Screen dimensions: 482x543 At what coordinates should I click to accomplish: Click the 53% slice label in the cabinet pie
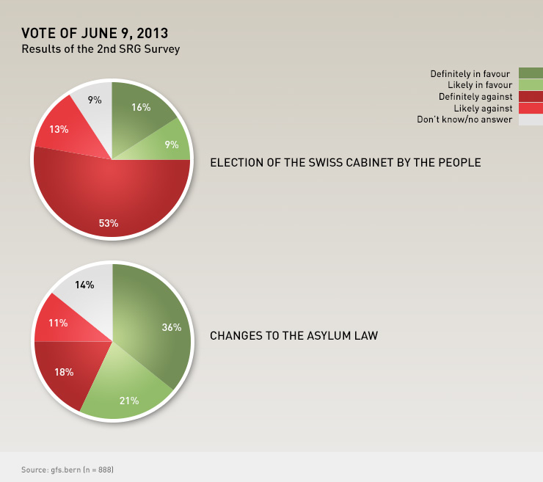click(x=109, y=223)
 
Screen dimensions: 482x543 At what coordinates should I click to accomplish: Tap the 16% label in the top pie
click(x=141, y=107)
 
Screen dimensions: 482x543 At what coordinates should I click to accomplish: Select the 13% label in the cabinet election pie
click(x=59, y=129)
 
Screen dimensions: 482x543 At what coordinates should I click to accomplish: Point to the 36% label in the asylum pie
click(x=172, y=327)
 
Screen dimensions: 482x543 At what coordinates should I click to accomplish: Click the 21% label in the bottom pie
click(x=129, y=401)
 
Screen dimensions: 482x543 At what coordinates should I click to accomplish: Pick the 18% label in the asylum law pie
click(x=64, y=372)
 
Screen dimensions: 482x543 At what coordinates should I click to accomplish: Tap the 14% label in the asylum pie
click(x=84, y=285)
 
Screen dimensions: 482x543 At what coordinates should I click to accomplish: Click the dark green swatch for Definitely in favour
click(x=531, y=73)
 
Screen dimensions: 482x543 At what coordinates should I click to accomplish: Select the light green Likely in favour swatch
click(x=531, y=84)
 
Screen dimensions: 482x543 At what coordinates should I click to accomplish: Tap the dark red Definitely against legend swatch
click(x=531, y=96)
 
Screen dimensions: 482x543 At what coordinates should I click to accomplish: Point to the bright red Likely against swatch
click(x=531, y=108)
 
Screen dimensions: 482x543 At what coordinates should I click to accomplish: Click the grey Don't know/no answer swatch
click(x=531, y=120)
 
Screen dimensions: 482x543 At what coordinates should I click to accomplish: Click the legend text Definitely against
click(x=475, y=96)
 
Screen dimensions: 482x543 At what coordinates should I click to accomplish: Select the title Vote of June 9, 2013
click(x=95, y=33)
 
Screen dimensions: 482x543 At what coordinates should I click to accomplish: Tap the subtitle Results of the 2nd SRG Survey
click(x=101, y=49)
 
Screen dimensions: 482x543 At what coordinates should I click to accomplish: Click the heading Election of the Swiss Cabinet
click(x=345, y=162)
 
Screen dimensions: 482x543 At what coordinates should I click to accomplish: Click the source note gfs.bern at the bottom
click(x=67, y=468)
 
